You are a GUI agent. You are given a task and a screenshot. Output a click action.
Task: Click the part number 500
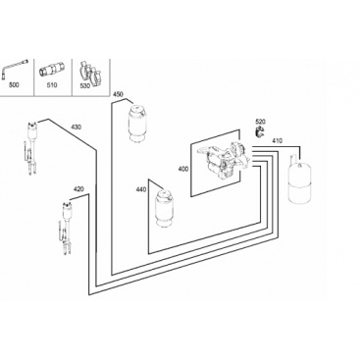point(14,85)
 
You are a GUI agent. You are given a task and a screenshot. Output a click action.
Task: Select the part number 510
point(52,85)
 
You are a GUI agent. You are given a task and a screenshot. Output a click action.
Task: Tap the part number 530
point(84,86)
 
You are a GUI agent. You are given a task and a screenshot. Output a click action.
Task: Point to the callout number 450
point(118,94)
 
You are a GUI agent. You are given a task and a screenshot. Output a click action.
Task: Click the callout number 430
point(77,127)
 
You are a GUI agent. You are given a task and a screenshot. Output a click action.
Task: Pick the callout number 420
point(78,188)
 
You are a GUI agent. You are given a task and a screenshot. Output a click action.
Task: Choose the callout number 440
point(141,189)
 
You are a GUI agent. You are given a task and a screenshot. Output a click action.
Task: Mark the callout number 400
point(183,169)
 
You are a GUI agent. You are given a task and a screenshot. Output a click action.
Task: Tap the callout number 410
point(277,141)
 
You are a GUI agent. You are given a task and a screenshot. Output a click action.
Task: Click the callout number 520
point(260,122)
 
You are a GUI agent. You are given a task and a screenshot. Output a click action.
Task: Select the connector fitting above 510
point(52,70)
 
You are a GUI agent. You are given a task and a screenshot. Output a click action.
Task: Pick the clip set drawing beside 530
point(89,74)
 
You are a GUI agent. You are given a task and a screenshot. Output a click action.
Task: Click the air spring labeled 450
point(138,123)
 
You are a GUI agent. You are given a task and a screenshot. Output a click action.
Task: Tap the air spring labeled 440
point(165,208)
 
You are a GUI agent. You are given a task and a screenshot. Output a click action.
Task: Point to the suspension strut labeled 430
point(31,148)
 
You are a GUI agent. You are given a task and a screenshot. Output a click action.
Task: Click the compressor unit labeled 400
point(223,161)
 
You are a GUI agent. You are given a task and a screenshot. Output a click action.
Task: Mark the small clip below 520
point(260,132)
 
